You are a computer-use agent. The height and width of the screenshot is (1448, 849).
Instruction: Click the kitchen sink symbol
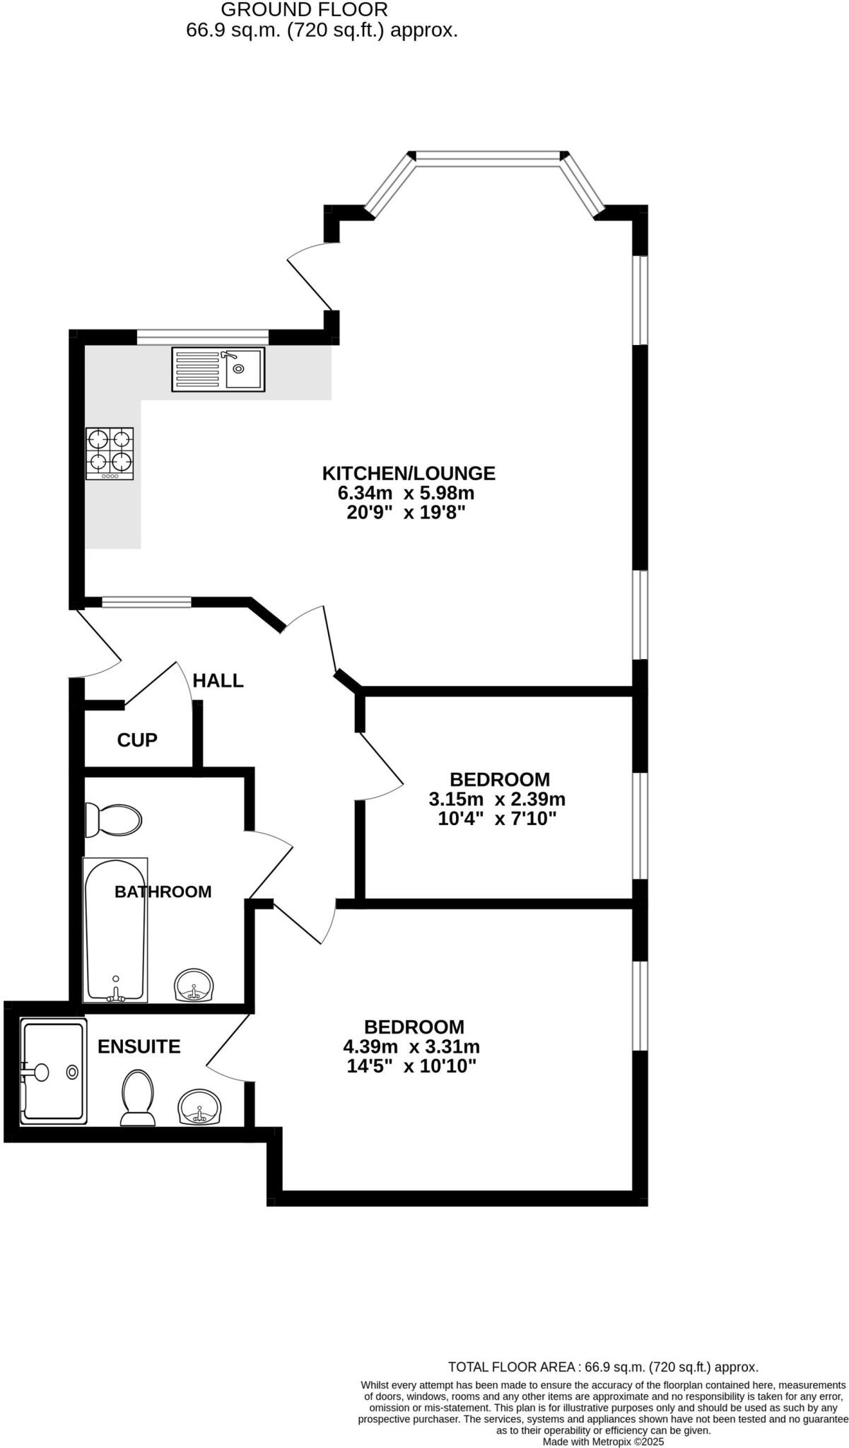point(218,369)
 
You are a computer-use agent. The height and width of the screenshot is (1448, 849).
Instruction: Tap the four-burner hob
point(110,454)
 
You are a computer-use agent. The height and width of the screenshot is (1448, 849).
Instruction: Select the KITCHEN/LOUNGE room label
point(409,473)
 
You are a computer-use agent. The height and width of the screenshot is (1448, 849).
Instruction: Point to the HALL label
point(218,681)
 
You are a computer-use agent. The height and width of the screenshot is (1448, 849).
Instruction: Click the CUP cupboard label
point(137,740)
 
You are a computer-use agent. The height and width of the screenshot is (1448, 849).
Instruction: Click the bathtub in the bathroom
point(115,930)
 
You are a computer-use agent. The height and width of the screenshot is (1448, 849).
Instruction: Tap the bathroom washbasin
point(194,985)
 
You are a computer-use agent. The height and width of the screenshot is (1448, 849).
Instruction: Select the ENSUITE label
point(139,1046)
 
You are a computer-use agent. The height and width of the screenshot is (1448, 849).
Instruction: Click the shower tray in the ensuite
point(53,1071)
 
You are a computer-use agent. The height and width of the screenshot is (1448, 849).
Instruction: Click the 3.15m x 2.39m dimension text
point(497,800)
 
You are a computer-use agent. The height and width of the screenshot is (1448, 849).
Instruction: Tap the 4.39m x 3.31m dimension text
point(411,1046)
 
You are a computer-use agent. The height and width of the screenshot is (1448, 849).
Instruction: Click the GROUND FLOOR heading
point(304,10)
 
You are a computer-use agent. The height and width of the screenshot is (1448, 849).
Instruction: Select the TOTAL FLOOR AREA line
point(603,1367)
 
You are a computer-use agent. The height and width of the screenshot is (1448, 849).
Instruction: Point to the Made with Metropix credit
point(603,1442)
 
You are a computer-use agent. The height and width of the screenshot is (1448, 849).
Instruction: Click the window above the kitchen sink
point(203,337)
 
